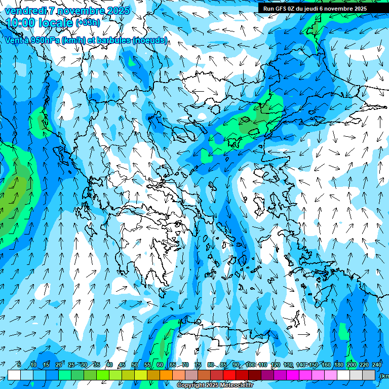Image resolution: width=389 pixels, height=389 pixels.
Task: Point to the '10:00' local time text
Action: pos(20,22)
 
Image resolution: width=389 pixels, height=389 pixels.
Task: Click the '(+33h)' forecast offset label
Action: pos(88,23)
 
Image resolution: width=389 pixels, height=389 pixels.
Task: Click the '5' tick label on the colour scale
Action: pos(19,365)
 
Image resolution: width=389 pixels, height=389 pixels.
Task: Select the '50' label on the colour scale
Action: pos(135,365)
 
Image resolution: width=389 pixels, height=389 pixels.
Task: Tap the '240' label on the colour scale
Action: pos(377,365)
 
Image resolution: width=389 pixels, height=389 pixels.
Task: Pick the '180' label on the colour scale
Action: pos(338,365)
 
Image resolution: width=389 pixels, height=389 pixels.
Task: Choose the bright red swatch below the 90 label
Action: pos(229,375)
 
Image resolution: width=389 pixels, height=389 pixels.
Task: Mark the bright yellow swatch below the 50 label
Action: pos(141,375)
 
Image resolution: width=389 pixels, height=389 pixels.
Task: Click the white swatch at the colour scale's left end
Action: pos(14,375)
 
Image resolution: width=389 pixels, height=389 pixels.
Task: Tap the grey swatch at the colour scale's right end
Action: pos(369,375)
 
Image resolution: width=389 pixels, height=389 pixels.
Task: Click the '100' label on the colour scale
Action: pos(250,365)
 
